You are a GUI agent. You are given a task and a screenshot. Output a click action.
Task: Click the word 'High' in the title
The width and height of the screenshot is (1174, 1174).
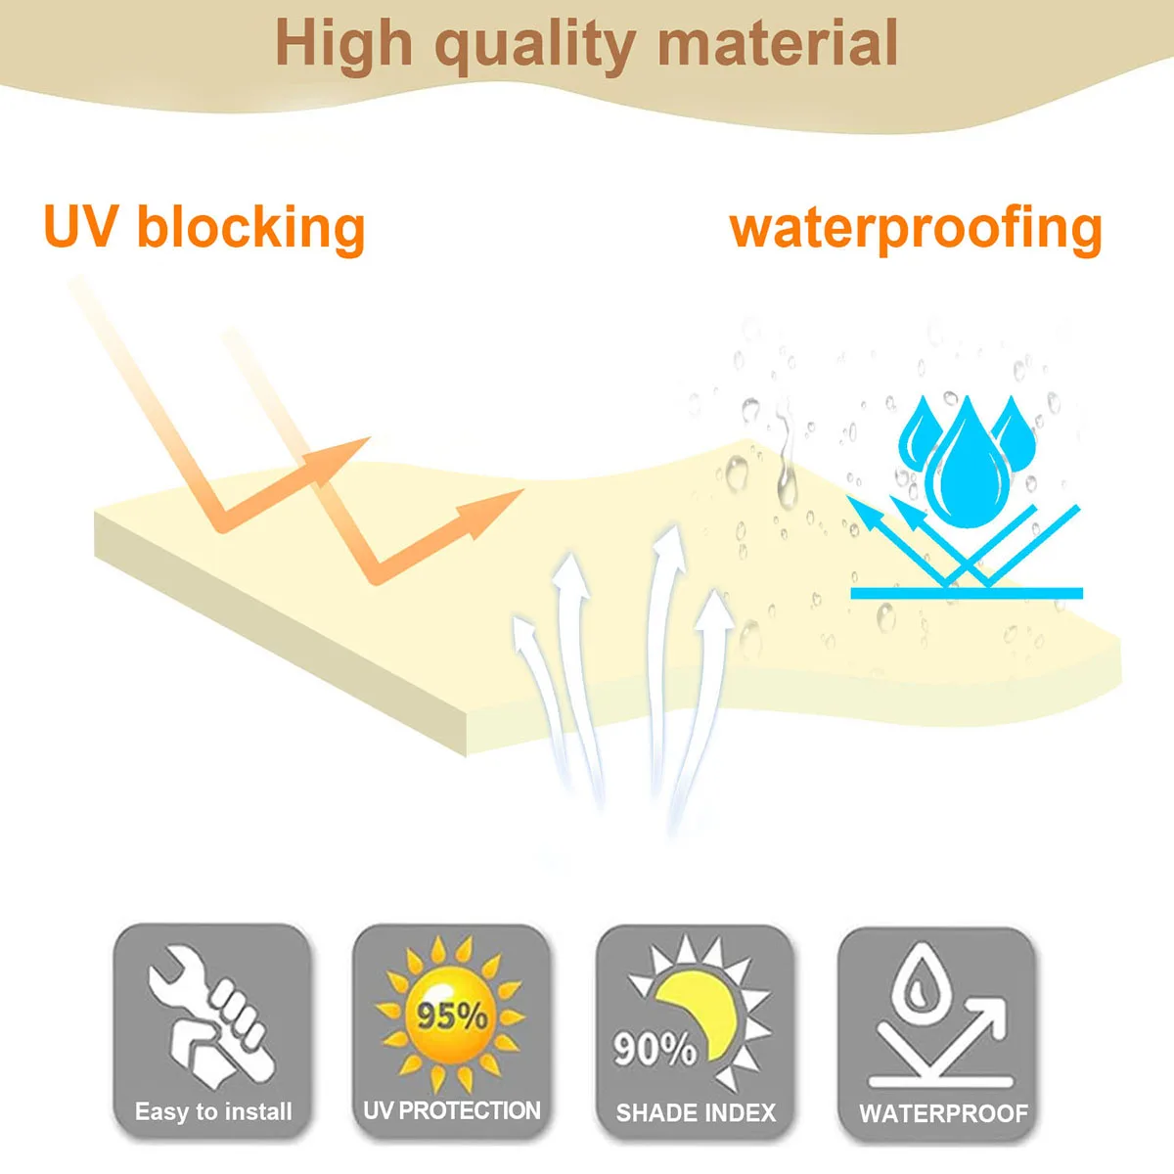(x=343, y=44)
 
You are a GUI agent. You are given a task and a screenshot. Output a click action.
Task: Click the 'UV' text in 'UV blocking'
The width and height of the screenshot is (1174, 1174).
(x=81, y=227)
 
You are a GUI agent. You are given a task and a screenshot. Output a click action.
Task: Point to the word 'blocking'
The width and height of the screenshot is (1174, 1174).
(x=250, y=227)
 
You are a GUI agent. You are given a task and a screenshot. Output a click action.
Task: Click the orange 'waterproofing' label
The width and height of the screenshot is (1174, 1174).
(x=916, y=229)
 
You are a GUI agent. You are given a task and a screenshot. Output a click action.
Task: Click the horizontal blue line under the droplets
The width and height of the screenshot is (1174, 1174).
(x=967, y=593)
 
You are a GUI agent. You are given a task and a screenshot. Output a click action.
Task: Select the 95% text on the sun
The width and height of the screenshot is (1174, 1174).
(x=452, y=1015)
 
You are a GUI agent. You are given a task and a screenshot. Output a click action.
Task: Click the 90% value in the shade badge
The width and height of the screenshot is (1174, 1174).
(x=654, y=1049)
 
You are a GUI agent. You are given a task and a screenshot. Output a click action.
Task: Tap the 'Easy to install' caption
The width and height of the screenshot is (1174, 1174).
(x=213, y=1111)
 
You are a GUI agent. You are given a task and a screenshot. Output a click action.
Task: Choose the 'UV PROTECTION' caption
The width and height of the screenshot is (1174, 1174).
(x=451, y=1110)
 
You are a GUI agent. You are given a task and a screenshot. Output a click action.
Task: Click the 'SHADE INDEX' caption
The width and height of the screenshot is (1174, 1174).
(x=696, y=1112)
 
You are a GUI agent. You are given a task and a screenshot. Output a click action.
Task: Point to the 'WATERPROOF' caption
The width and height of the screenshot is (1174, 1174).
(x=943, y=1113)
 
